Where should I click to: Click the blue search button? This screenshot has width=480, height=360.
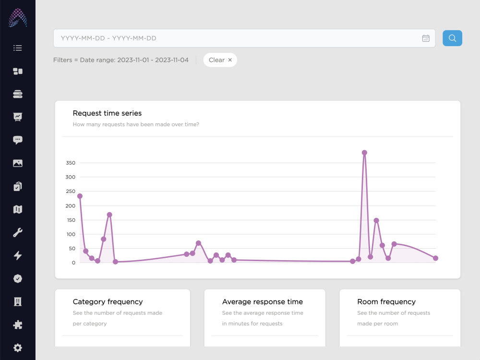pyautogui.click(x=452, y=38)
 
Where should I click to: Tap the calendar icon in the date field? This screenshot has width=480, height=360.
pyautogui.click(x=425, y=38)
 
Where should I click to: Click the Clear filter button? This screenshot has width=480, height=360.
pyautogui.click(x=220, y=60)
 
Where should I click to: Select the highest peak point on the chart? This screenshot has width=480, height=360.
pyautogui.click(x=364, y=153)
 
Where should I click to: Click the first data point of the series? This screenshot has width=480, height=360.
pyautogui.click(x=80, y=196)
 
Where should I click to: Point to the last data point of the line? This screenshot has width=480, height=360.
pyautogui.click(x=436, y=258)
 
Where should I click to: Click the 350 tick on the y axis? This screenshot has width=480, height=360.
pyautogui.click(x=71, y=163)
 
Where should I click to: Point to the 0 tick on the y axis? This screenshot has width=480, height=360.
pyautogui.click(x=73, y=263)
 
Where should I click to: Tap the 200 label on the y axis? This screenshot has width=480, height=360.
pyautogui.click(x=71, y=206)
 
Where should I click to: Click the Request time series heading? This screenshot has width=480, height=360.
pyautogui.click(x=107, y=113)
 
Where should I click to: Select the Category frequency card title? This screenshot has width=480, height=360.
pyautogui.click(x=108, y=302)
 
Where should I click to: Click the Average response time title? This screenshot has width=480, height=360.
pyautogui.click(x=263, y=302)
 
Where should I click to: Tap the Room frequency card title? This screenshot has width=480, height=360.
pyautogui.click(x=386, y=302)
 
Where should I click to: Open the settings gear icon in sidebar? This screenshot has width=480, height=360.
pyautogui.click(x=18, y=348)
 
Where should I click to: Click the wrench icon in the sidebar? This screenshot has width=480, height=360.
pyautogui.click(x=18, y=233)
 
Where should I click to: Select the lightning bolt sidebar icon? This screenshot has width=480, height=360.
pyautogui.click(x=18, y=256)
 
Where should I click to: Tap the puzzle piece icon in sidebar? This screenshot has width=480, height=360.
pyautogui.click(x=18, y=325)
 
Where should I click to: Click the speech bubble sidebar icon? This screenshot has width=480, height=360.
pyautogui.click(x=18, y=140)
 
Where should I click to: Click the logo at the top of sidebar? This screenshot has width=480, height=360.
pyautogui.click(x=18, y=18)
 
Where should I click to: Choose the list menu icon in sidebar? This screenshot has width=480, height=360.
pyautogui.click(x=18, y=48)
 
